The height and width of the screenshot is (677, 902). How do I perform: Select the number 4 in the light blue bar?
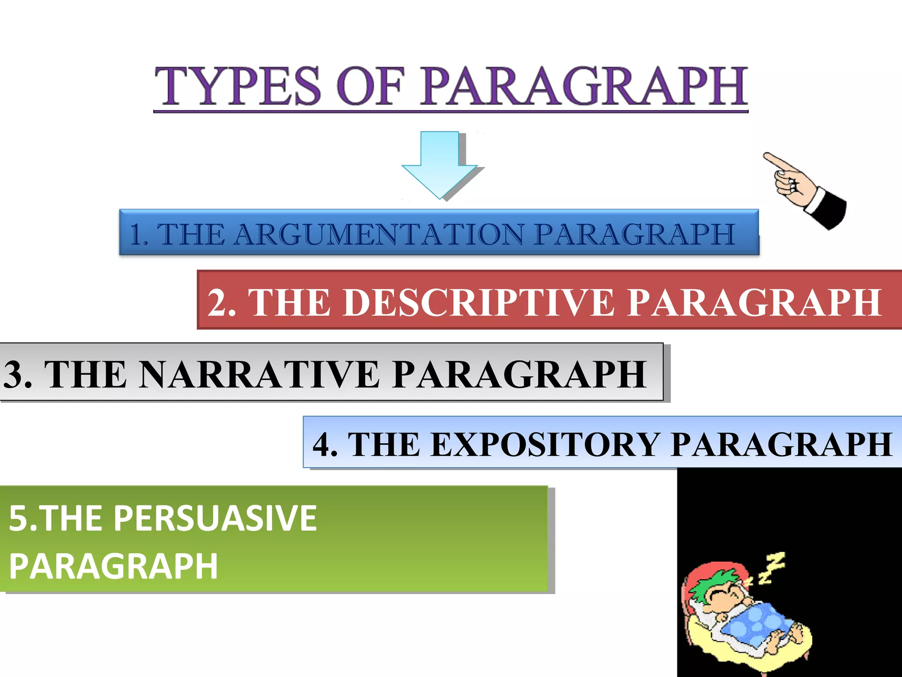click(322, 444)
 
